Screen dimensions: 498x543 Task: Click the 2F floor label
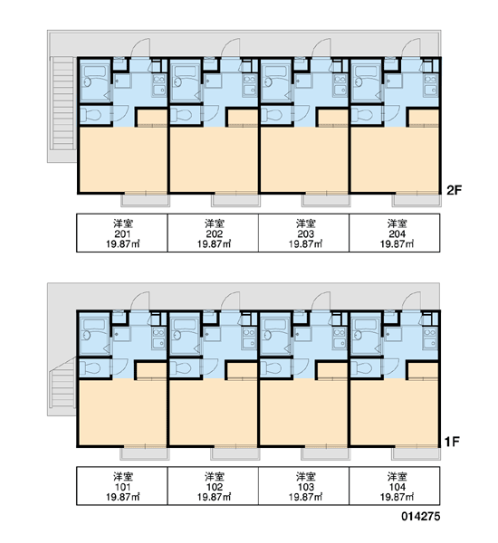[x=454, y=190]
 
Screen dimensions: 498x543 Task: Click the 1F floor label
[x=452, y=442]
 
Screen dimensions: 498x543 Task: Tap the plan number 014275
[x=421, y=517]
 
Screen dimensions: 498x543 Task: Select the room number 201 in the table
[x=122, y=233]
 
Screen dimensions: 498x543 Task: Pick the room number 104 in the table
[x=397, y=487]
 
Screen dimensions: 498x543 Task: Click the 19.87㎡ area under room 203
[x=305, y=244]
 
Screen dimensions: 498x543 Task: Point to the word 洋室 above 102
[x=214, y=477]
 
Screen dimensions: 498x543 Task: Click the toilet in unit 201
[x=92, y=115]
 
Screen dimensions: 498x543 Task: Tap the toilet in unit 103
[x=273, y=367]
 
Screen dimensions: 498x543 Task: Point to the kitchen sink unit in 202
[x=250, y=85]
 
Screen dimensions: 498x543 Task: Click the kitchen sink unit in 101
[x=158, y=338]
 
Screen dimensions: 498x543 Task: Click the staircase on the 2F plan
[x=62, y=103]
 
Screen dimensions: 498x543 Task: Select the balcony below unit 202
[x=235, y=201]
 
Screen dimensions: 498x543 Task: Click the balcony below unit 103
[x=325, y=454]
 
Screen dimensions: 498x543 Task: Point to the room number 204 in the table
[x=397, y=233]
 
